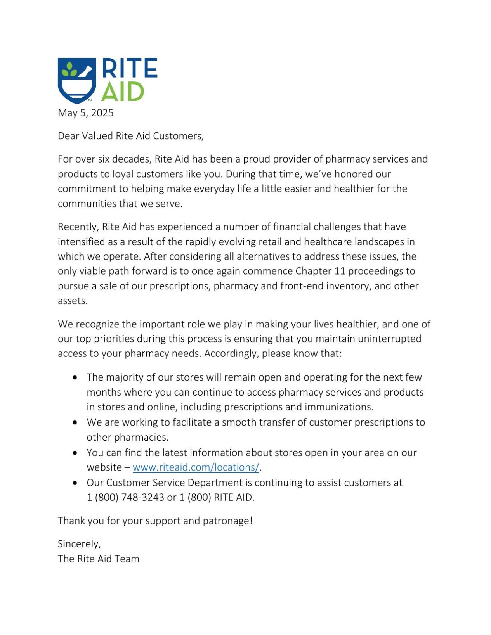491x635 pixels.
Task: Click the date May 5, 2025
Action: click(x=86, y=113)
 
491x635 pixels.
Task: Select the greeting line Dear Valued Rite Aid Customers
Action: click(x=130, y=136)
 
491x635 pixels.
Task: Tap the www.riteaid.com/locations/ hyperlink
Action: click(x=196, y=467)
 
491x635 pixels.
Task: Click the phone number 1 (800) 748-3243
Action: click(x=125, y=497)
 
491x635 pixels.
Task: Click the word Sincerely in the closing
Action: click(x=79, y=544)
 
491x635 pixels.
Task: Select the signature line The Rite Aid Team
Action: click(x=98, y=559)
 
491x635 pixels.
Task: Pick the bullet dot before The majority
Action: click(x=75, y=377)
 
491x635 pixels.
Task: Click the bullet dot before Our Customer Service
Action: click(x=75, y=483)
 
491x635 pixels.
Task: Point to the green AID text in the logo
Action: click(x=123, y=92)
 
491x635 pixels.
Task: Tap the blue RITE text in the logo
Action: click(x=130, y=69)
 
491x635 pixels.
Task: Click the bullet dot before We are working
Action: click(x=75, y=422)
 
